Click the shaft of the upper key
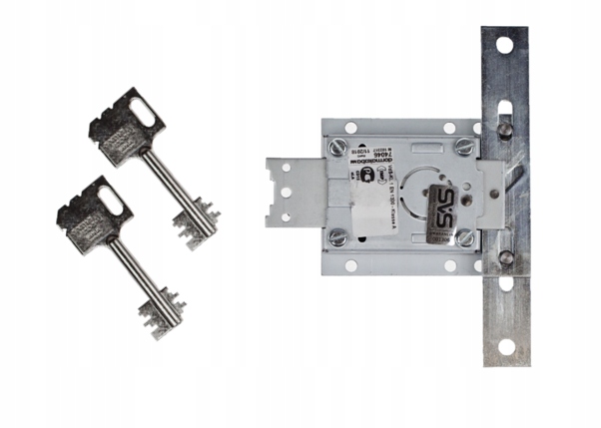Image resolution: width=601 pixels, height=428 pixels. (169, 179)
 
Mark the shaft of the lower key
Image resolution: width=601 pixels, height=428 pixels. (136, 265)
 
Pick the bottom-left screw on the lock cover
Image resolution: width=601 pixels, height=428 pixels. (338, 237)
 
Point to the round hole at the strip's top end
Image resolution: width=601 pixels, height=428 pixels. (505, 45)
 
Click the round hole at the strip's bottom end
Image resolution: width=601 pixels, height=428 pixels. (505, 347)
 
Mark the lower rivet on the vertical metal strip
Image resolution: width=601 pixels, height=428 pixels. (507, 257)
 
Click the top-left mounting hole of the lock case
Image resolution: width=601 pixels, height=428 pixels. (350, 127)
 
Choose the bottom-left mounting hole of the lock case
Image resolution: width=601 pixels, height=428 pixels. (350, 265)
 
